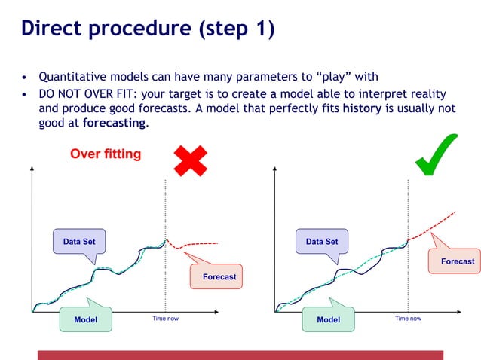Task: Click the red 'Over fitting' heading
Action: (106, 154)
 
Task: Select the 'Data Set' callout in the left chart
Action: (79, 242)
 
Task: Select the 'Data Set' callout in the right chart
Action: (322, 242)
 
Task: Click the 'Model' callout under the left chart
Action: (86, 319)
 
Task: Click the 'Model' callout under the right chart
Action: (328, 319)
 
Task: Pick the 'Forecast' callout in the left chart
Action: (219, 276)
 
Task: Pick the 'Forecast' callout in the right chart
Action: (457, 261)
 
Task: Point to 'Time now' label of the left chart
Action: (165, 319)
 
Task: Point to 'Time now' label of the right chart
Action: (408, 319)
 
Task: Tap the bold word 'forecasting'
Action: (114, 122)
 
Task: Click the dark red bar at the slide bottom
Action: (240, 355)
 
